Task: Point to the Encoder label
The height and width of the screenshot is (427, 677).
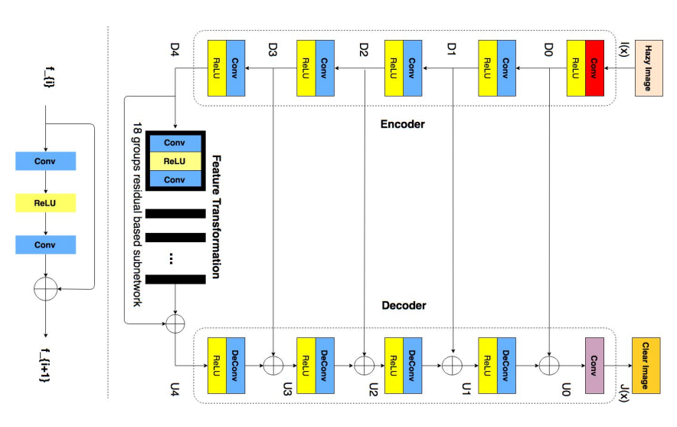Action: coord(402,124)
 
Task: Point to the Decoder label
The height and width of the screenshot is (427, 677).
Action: coord(402,306)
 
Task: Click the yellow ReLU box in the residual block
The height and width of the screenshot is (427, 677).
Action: coord(46,203)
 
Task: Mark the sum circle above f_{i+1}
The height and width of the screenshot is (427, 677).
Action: coord(46,289)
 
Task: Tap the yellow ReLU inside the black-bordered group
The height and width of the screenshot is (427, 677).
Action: coord(175,161)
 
